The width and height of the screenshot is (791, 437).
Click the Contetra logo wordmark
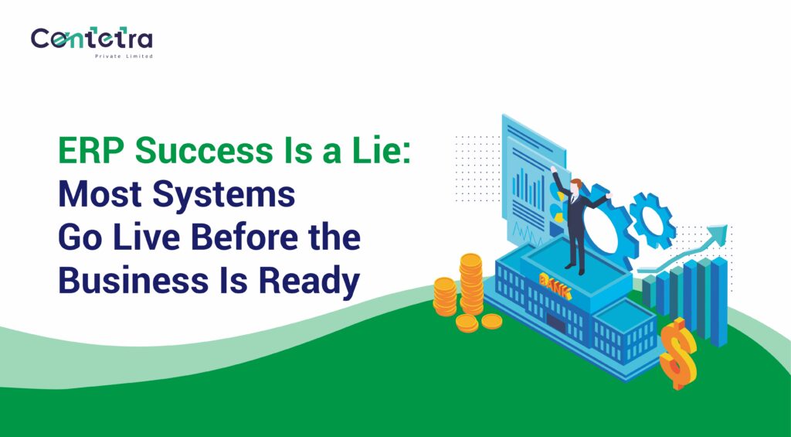pos(91,39)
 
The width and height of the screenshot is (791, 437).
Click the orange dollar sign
pos(678,352)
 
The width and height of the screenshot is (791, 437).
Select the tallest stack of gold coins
pos(470,283)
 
